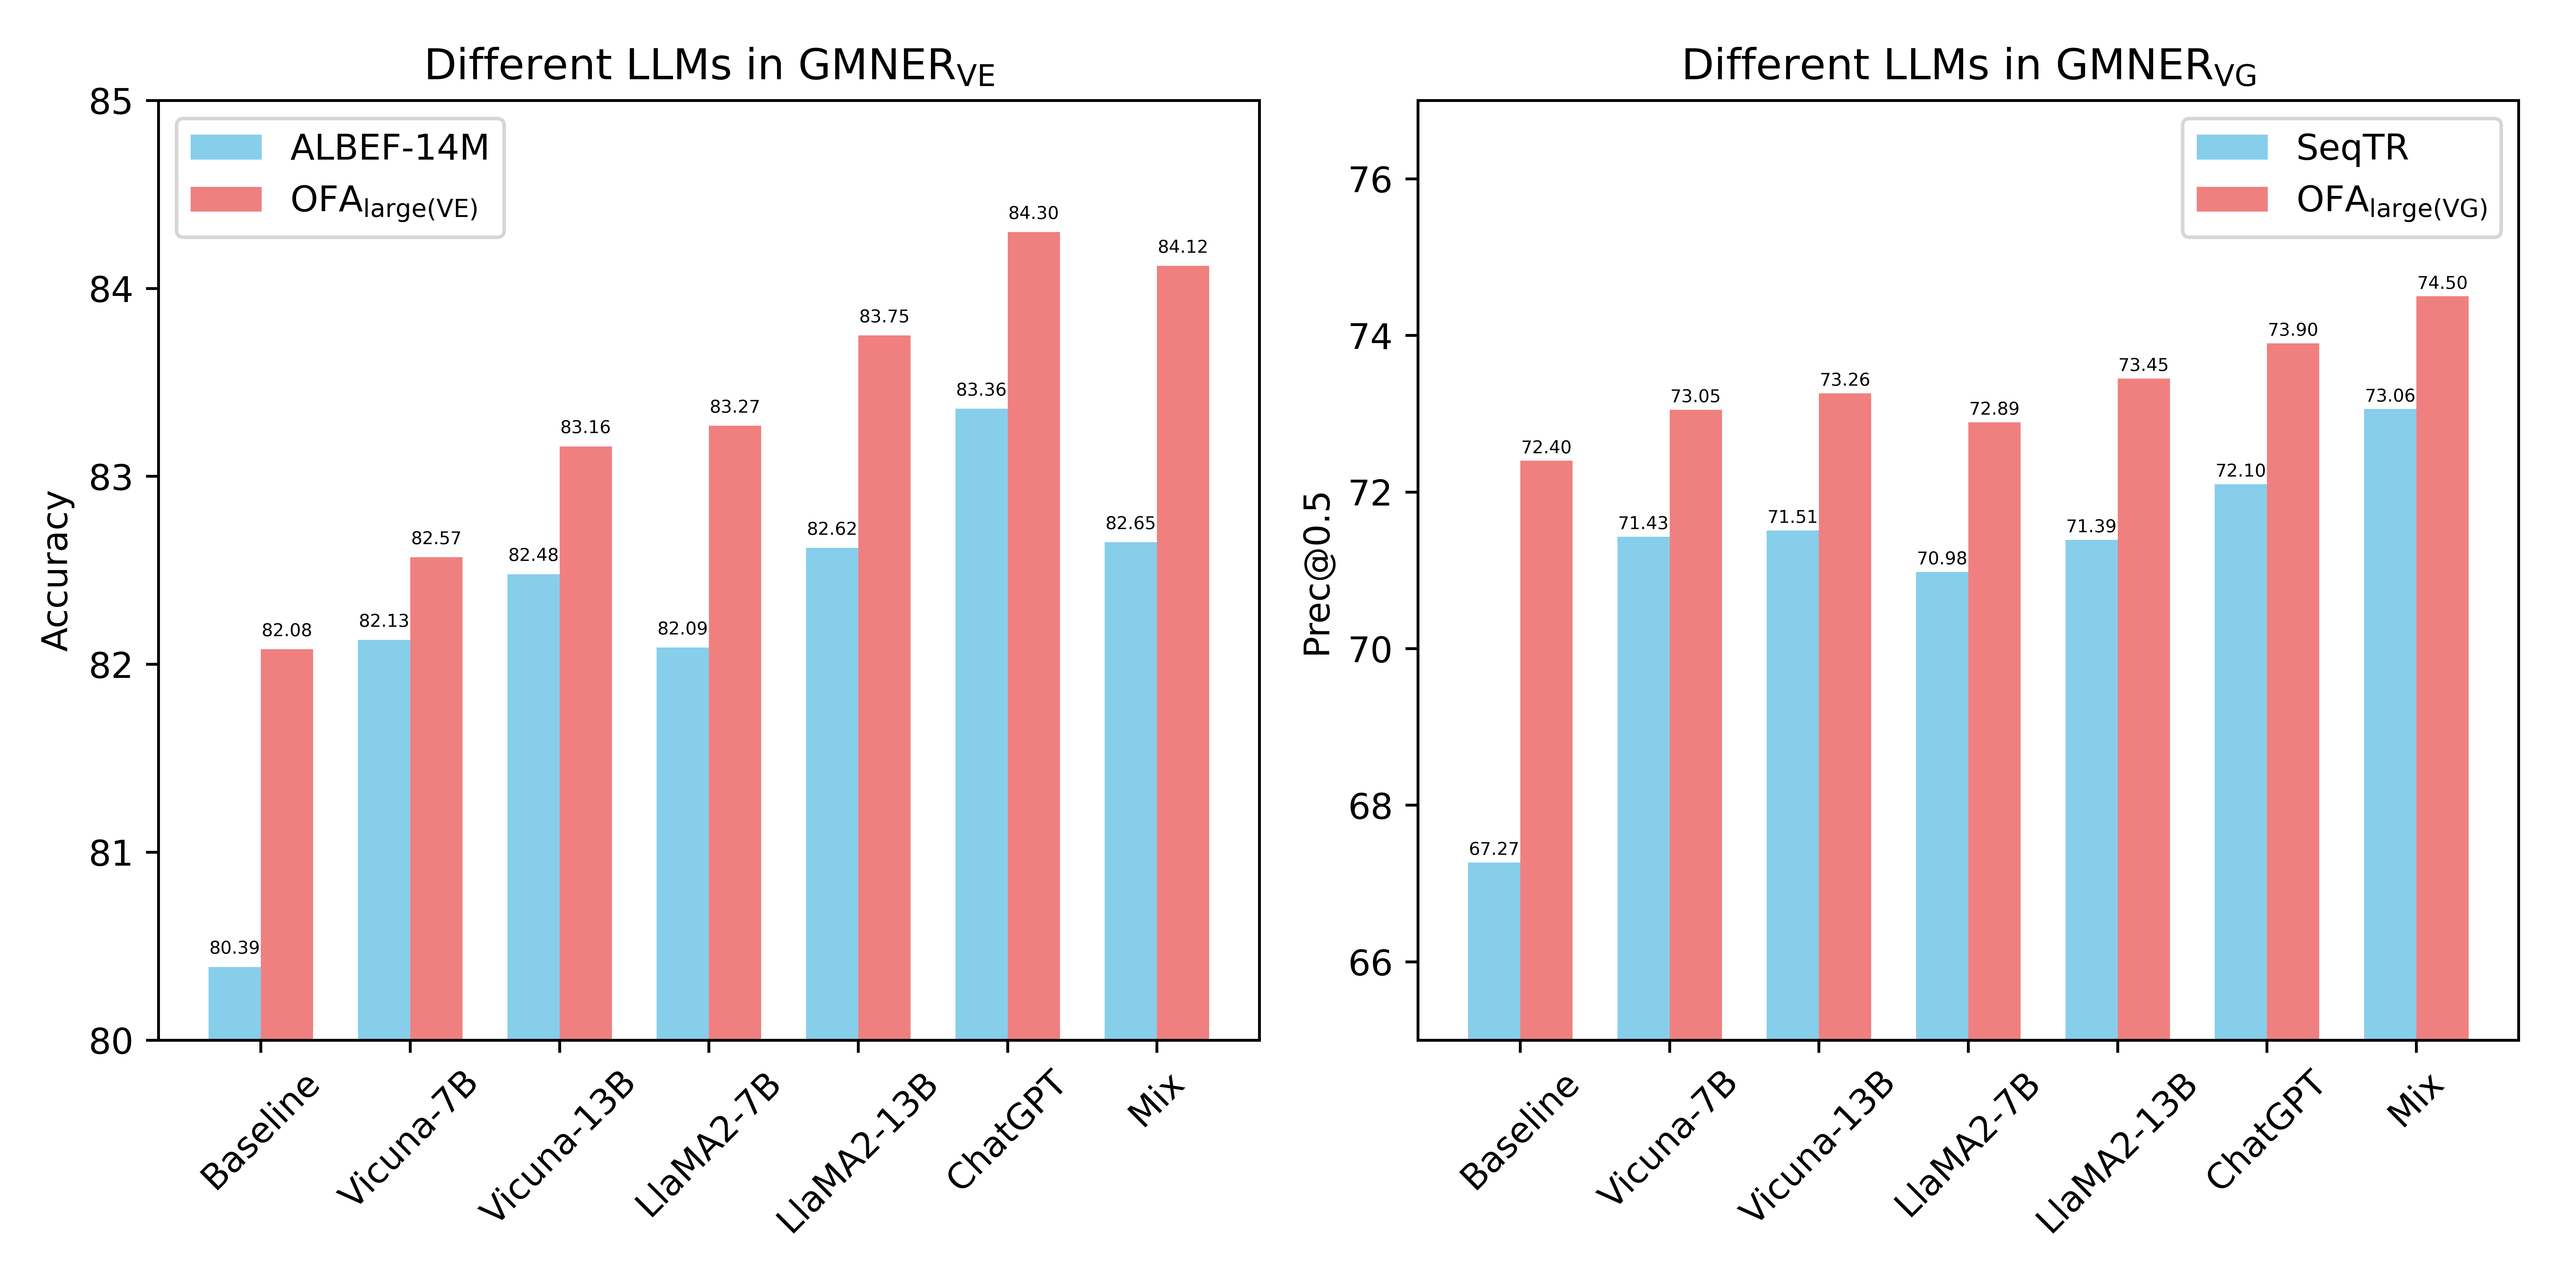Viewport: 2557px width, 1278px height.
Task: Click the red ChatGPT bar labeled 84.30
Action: tap(1033, 635)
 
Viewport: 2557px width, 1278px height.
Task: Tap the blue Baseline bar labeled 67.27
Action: tap(1494, 951)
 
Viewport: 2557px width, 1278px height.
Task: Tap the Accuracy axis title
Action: tap(56, 571)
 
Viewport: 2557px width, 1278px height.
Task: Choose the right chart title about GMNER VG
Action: tap(1968, 66)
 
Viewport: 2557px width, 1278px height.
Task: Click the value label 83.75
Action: tap(883, 317)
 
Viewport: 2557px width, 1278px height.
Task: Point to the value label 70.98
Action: tap(1942, 559)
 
